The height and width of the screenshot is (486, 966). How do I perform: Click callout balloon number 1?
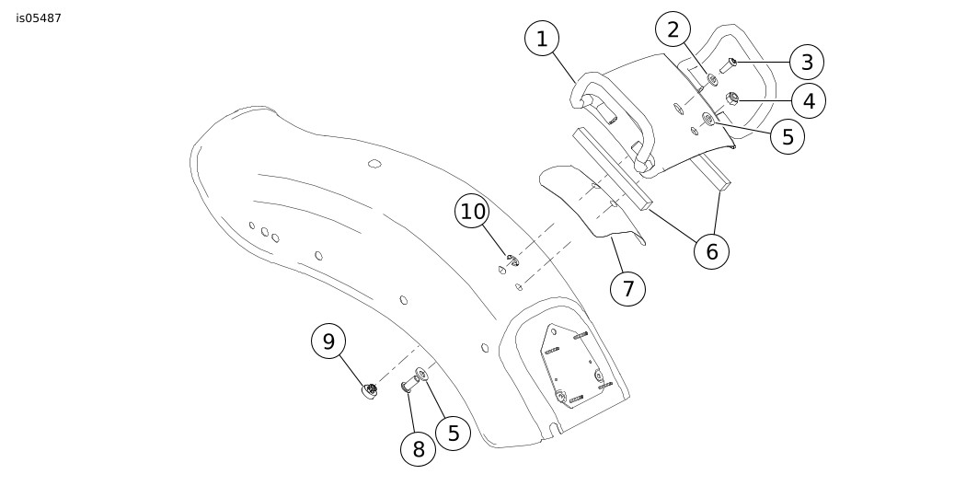click(x=542, y=39)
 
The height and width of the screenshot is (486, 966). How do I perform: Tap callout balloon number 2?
click(x=673, y=29)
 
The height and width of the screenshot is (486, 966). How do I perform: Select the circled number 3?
click(x=807, y=63)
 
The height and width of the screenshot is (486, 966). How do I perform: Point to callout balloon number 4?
click(x=809, y=100)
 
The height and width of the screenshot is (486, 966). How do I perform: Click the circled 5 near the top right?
click(x=788, y=137)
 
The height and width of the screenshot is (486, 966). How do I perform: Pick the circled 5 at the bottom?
click(x=453, y=433)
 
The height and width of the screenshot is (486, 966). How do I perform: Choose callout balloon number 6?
click(x=711, y=249)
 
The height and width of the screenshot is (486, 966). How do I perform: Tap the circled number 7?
click(x=628, y=288)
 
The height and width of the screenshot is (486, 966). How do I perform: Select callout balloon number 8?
click(x=419, y=449)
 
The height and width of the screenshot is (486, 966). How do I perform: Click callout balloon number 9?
click(x=328, y=341)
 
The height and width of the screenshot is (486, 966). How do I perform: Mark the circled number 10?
click(x=473, y=212)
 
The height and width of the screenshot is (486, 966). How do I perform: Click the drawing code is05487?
click(x=39, y=17)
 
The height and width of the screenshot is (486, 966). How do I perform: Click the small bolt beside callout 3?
click(x=729, y=64)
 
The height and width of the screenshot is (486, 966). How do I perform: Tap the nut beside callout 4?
click(x=733, y=99)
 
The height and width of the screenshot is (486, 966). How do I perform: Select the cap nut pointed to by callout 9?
click(x=370, y=392)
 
